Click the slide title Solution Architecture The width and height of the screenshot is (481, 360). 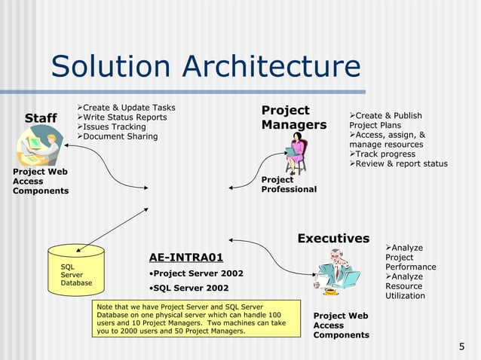pyautogui.click(x=205, y=66)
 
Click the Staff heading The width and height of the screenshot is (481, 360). pyautogui.click(x=41, y=118)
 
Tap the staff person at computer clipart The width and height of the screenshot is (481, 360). pyautogui.click(x=39, y=148)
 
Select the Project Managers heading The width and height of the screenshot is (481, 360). pyautogui.click(x=293, y=117)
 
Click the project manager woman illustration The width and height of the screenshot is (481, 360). pyautogui.click(x=295, y=153)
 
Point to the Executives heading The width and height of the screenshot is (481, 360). pyautogui.click(x=333, y=239)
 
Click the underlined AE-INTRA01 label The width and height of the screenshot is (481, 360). pyautogui.click(x=186, y=257)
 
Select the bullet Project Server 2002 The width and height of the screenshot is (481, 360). pyautogui.click(x=196, y=273)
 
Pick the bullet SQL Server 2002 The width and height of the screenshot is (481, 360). pyautogui.click(x=188, y=288)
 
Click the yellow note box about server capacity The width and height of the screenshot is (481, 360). pyautogui.click(x=190, y=319)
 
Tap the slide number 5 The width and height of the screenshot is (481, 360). pyautogui.click(x=461, y=346)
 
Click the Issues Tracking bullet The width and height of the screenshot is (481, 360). pyautogui.click(x=113, y=127)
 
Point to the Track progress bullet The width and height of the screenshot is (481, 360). pyautogui.click(x=385, y=154)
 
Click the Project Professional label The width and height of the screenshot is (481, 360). pyautogui.click(x=289, y=185)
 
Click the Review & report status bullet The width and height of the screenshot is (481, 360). pyautogui.click(x=401, y=163)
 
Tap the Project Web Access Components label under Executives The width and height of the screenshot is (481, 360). pyautogui.click(x=341, y=325)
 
